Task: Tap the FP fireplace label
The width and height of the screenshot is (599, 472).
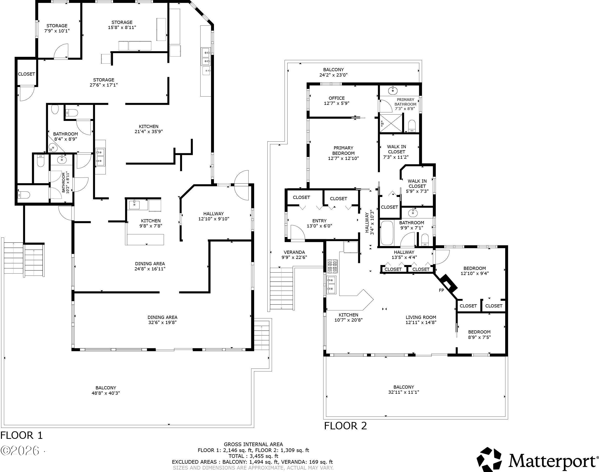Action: coord(441,290)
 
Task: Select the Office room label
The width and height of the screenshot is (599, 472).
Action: coord(337,98)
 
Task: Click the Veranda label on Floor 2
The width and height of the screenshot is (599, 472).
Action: coord(294,252)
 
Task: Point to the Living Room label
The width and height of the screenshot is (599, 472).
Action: coord(421,317)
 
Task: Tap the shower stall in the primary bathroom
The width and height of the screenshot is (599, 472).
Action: coord(392,123)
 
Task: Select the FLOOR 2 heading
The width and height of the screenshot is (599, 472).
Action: coord(346,426)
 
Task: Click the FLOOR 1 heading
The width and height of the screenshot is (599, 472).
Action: coord(21,435)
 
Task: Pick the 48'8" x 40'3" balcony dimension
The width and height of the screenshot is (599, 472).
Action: coord(106,393)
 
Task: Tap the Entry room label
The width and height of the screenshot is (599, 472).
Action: coord(319,221)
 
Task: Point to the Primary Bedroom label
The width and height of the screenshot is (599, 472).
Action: coord(343,151)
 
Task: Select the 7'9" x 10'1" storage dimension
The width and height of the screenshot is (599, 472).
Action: coord(57,31)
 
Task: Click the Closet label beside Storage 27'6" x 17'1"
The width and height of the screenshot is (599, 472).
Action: coord(27,74)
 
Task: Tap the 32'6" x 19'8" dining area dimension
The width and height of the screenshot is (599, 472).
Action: coord(162,322)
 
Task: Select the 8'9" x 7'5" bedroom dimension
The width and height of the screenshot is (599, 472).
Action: coord(479,337)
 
